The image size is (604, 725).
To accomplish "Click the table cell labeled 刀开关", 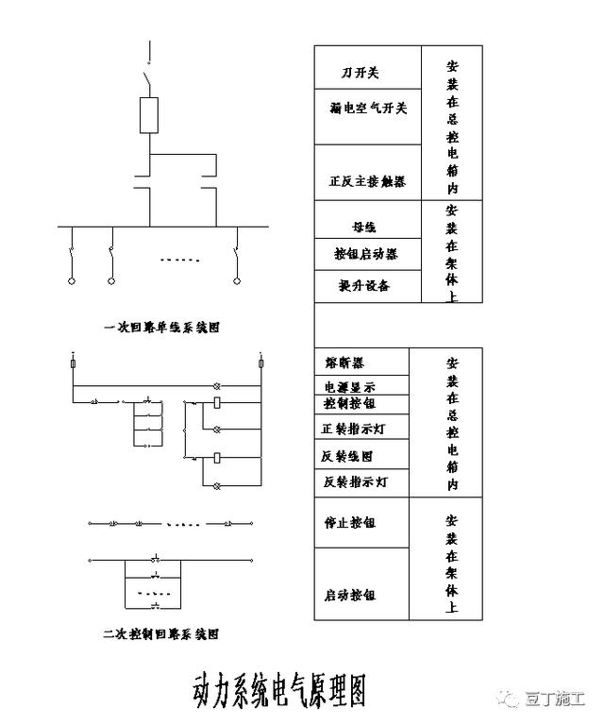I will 360,74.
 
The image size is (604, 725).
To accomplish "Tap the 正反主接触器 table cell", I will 367,181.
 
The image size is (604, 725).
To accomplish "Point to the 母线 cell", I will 363,228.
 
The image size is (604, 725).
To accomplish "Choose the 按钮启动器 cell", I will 366,255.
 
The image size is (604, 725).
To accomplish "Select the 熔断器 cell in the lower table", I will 346,362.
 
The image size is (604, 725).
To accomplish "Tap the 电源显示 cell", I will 349,387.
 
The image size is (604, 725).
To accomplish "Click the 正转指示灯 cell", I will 354,429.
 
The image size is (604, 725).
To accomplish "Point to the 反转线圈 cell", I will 349,455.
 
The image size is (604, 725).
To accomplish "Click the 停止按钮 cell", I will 349,521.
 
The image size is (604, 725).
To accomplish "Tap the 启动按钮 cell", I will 349,596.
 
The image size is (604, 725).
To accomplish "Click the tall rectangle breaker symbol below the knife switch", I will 149,116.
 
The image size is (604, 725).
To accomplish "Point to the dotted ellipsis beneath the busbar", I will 179,260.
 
